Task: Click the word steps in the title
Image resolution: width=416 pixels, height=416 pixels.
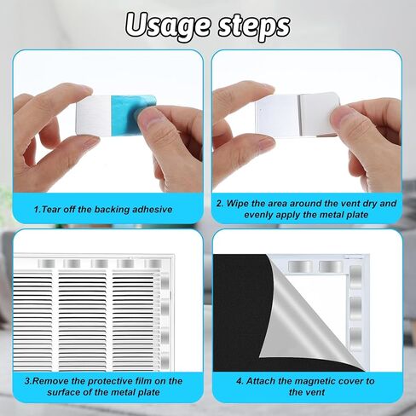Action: (251, 26)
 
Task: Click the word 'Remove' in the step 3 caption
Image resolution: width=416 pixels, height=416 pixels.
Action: (60, 381)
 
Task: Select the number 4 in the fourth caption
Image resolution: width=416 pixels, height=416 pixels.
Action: (238, 381)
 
